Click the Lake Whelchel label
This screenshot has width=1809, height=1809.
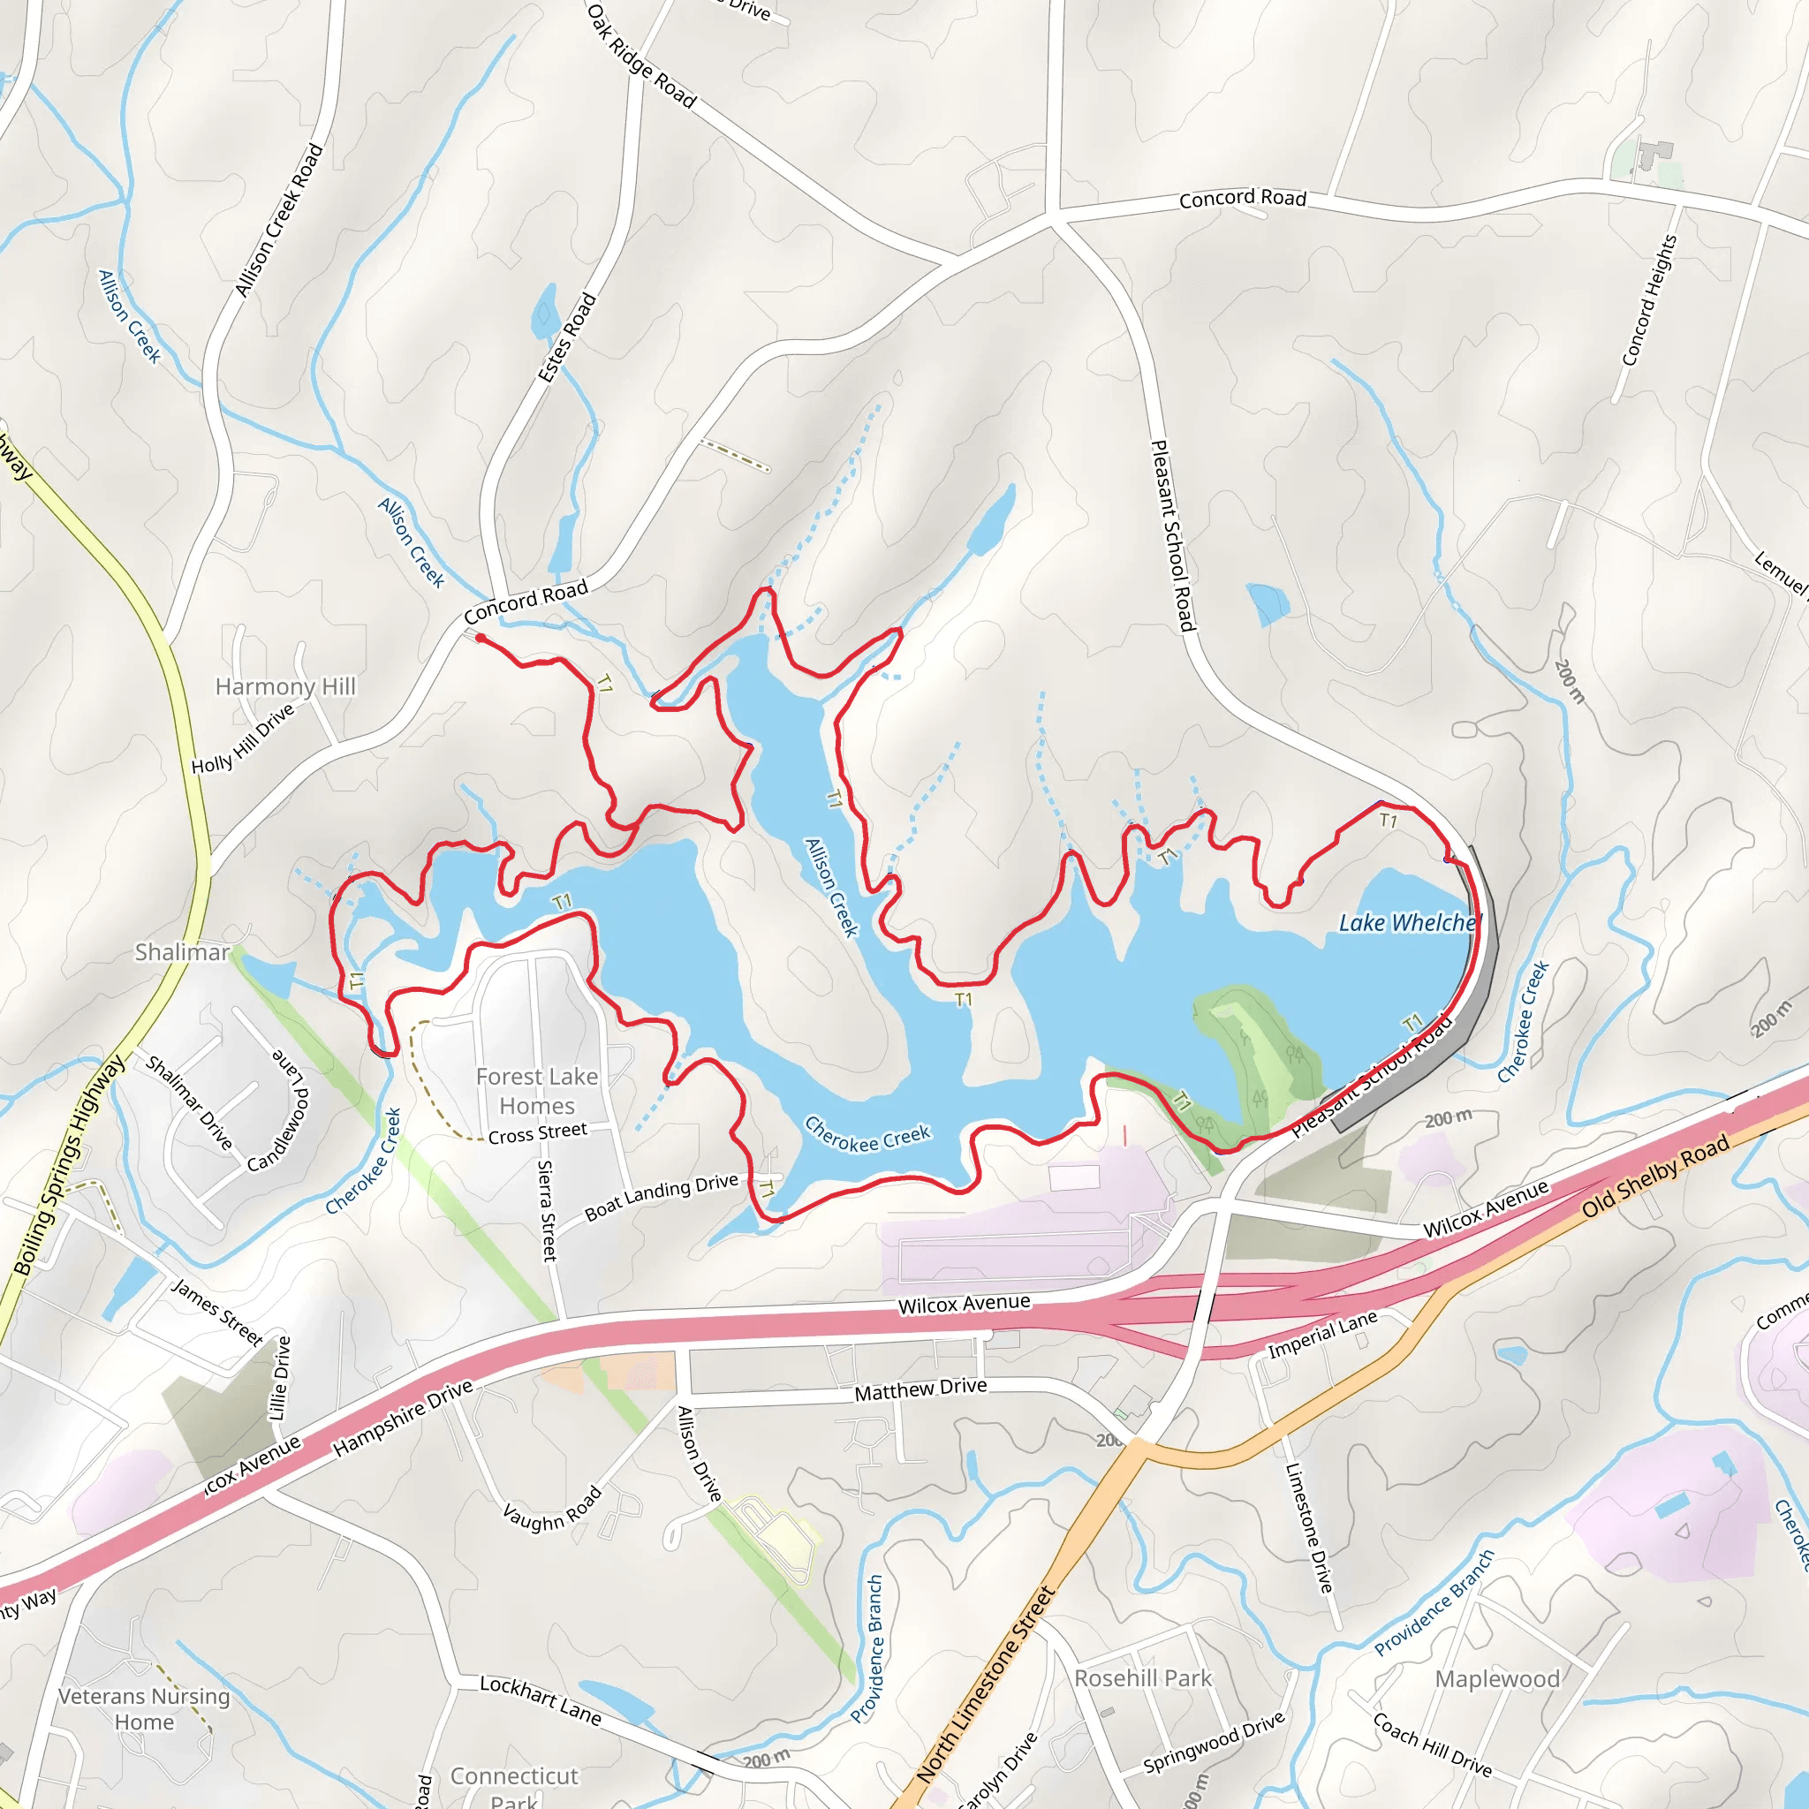coord(1408,923)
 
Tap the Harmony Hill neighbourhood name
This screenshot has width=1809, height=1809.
coord(285,686)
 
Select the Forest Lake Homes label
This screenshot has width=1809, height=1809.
coord(536,1091)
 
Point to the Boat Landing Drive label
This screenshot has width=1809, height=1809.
coord(661,1198)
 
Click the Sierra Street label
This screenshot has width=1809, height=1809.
coord(547,1211)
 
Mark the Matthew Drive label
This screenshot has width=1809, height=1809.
coord(920,1389)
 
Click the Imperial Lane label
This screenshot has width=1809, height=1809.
coord(1322,1335)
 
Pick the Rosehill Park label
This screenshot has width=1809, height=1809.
coord(1142,1678)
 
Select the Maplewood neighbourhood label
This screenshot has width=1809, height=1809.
coord(1497,1679)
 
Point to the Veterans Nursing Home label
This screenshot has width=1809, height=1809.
coord(144,1709)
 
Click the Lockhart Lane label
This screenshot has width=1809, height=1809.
coord(541,1699)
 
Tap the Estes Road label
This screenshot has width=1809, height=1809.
coord(566,337)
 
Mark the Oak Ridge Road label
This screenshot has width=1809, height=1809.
coord(641,57)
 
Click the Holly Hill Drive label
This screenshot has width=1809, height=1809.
coord(243,738)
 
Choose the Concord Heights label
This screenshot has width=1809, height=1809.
coord(1649,300)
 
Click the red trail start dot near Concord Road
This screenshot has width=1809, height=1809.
coord(480,638)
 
